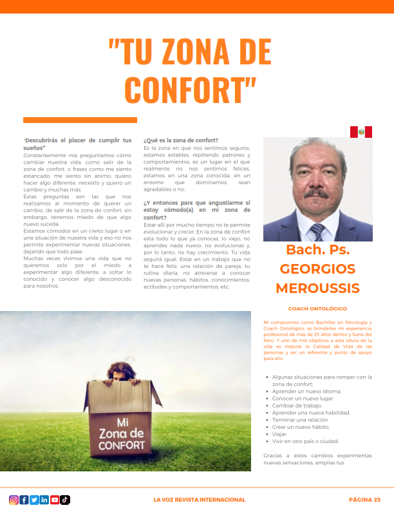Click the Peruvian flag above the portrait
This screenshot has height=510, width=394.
click(x=361, y=132)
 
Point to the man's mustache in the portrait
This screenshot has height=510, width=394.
click(x=316, y=193)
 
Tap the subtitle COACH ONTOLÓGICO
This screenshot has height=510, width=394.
click(x=317, y=309)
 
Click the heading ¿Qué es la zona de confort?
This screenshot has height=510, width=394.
click(x=181, y=140)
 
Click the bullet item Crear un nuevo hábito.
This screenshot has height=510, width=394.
click(x=300, y=427)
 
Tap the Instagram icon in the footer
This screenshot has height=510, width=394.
click(x=14, y=500)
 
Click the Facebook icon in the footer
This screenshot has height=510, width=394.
click(x=24, y=500)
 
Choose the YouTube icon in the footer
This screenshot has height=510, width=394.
click(x=55, y=500)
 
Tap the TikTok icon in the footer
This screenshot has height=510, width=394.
click(x=65, y=500)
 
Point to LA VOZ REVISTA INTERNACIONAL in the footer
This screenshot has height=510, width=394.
click(x=199, y=500)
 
